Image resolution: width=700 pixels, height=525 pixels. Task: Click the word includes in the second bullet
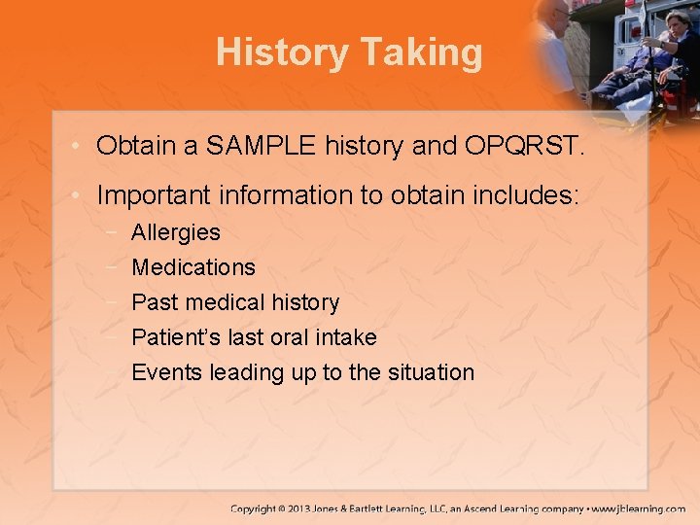point(524,195)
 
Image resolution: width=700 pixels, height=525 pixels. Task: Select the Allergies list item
point(176,233)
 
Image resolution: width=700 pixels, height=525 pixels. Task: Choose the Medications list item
point(193,267)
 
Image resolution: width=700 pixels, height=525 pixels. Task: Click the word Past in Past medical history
point(151,302)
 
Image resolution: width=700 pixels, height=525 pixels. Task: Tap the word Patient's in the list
point(171,337)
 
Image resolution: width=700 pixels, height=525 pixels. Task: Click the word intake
point(346,337)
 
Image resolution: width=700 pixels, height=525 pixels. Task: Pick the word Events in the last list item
point(161,372)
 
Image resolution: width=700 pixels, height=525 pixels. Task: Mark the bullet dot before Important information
point(76,196)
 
